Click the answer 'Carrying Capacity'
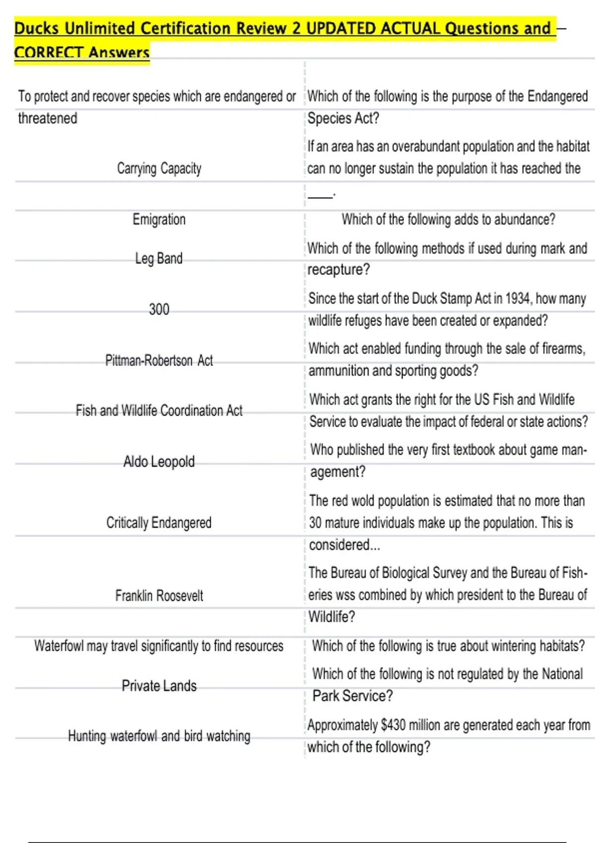click(x=159, y=169)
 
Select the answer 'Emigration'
click(x=159, y=219)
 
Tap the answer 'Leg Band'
click(x=159, y=258)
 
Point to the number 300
click(x=159, y=309)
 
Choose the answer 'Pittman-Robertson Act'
click(x=159, y=361)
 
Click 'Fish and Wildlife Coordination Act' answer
click(x=159, y=411)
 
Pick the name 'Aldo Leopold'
click(x=159, y=462)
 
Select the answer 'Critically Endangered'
click(x=159, y=523)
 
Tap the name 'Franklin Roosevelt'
click(x=159, y=595)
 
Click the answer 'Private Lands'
click(x=159, y=686)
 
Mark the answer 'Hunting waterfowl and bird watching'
click(x=159, y=736)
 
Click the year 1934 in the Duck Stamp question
click(x=519, y=299)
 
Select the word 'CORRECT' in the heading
click(x=48, y=52)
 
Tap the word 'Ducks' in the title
click(x=37, y=28)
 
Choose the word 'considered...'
click(x=345, y=545)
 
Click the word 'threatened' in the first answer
click(x=48, y=119)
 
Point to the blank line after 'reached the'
click(x=320, y=195)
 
